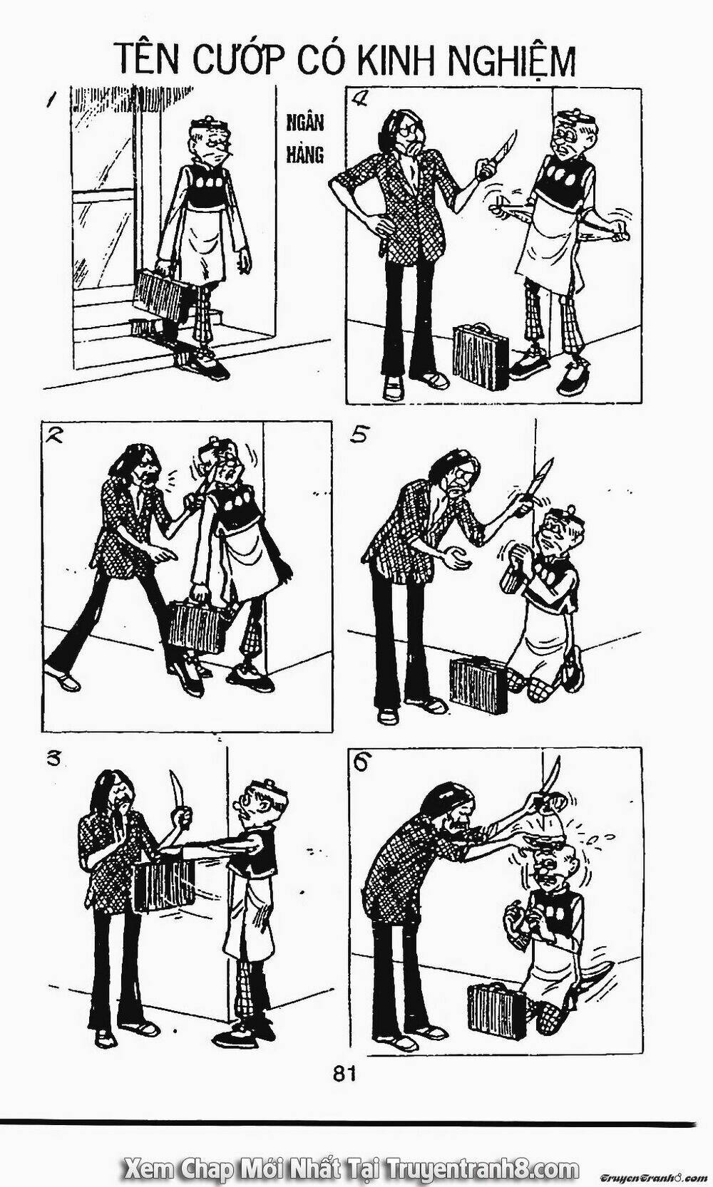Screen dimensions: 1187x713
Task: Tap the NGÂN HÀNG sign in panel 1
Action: tap(305, 138)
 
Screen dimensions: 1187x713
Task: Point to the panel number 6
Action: tap(361, 762)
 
